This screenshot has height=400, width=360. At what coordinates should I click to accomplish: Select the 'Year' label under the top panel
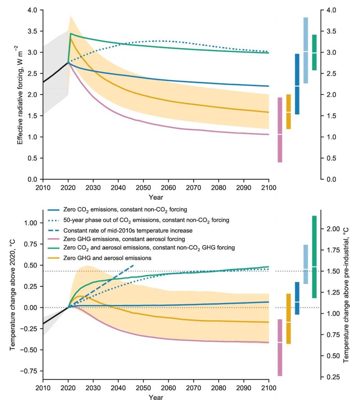coord(156,197)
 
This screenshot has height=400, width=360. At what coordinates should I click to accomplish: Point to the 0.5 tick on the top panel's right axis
coord(330,158)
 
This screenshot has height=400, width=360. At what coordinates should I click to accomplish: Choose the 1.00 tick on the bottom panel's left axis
coord(30,223)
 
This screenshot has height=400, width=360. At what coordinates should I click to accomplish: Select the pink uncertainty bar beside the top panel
coord(280,130)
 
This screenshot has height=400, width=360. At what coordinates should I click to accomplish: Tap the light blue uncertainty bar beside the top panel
coord(306,50)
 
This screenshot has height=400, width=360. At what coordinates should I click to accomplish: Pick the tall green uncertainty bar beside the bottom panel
coord(314,257)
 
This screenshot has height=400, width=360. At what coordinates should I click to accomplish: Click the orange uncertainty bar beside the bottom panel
coord(289,319)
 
